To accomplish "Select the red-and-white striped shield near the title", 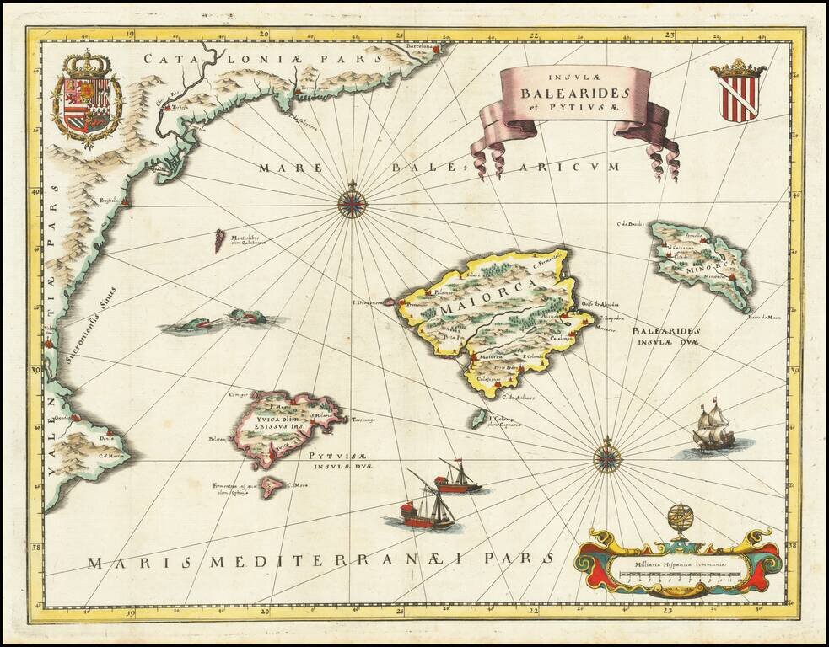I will click(738, 93).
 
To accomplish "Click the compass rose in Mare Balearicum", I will click(353, 201).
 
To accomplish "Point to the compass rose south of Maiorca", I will click(607, 457).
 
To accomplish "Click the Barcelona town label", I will click(417, 47).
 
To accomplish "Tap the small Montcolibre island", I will click(219, 241).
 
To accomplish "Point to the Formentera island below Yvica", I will click(271, 486).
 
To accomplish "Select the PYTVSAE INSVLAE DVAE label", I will click(342, 460).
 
